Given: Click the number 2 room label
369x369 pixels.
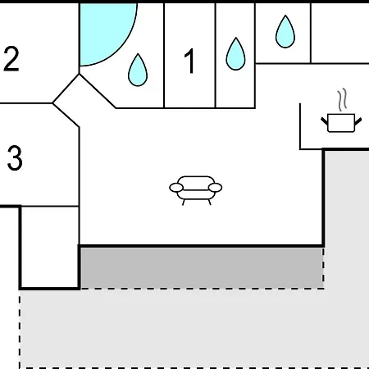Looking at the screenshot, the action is (x=11, y=59).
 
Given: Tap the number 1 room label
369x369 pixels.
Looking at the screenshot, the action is (x=189, y=61).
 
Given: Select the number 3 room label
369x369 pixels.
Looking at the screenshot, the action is (x=15, y=158).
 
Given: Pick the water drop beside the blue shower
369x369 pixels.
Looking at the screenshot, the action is (x=138, y=71).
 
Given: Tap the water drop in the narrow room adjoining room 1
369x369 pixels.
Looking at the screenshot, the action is (x=235, y=54).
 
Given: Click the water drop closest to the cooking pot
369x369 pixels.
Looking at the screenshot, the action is (x=285, y=32).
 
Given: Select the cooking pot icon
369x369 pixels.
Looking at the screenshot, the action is (x=341, y=123).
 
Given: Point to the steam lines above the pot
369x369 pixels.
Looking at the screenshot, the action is (x=342, y=100).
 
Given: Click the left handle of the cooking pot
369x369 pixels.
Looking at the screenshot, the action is (x=324, y=121).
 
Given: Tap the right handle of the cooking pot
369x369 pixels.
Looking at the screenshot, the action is (x=358, y=121).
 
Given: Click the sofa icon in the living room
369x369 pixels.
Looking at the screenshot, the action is (x=196, y=190).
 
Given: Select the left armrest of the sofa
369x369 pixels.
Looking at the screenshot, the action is (x=176, y=188).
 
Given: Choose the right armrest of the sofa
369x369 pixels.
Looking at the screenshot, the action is (x=215, y=188).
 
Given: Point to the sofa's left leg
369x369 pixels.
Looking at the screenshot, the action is (x=184, y=203).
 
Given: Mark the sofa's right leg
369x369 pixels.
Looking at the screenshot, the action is (x=209, y=203).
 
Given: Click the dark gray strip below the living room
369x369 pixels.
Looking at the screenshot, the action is (x=202, y=268).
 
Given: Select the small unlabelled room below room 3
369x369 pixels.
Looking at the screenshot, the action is (x=50, y=247).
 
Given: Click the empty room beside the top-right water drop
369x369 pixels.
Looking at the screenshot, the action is (x=340, y=33).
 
